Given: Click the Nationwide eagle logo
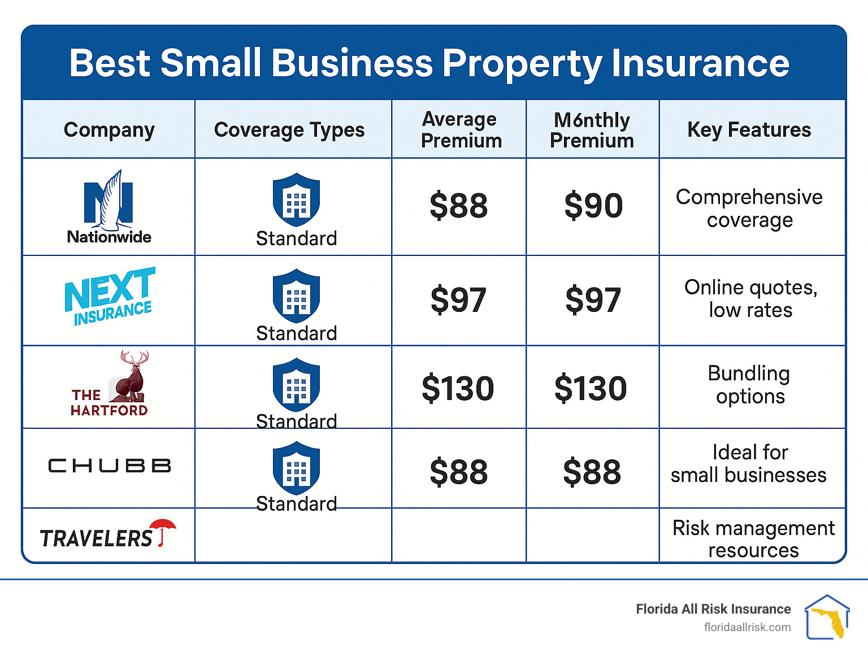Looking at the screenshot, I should click(x=109, y=201).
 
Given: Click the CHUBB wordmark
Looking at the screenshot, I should click(x=110, y=466).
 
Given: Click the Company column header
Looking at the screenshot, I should click(x=109, y=130).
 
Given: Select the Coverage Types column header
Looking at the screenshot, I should click(x=289, y=130).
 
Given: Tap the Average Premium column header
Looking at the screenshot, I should click(x=461, y=130).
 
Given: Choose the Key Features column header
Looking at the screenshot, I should click(x=749, y=130).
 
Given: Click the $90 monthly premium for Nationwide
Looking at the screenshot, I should click(x=593, y=206).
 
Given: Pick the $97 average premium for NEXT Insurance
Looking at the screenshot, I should click(x=458, y=300).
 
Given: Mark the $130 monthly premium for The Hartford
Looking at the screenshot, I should click(x=591, y=389).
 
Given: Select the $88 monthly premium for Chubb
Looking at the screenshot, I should click(x=592, y=472).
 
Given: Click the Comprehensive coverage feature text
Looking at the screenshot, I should click(x=749, y=208).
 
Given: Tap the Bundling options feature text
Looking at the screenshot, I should click(x=749, y=385).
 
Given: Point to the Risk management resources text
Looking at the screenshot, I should click(x=753, y=539).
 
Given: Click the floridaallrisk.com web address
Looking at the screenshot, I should click(x=747, y=627).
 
